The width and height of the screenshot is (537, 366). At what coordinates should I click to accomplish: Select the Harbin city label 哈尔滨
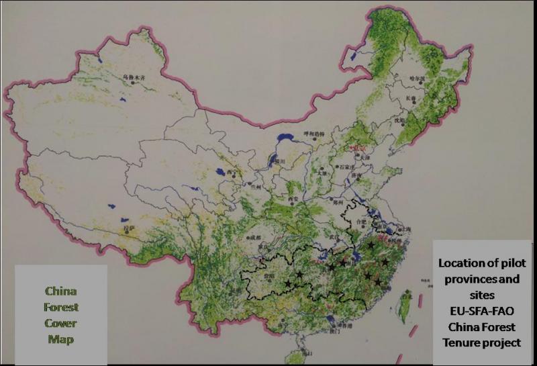point(418,78)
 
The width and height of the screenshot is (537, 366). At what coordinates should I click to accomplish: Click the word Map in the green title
point(60,339)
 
